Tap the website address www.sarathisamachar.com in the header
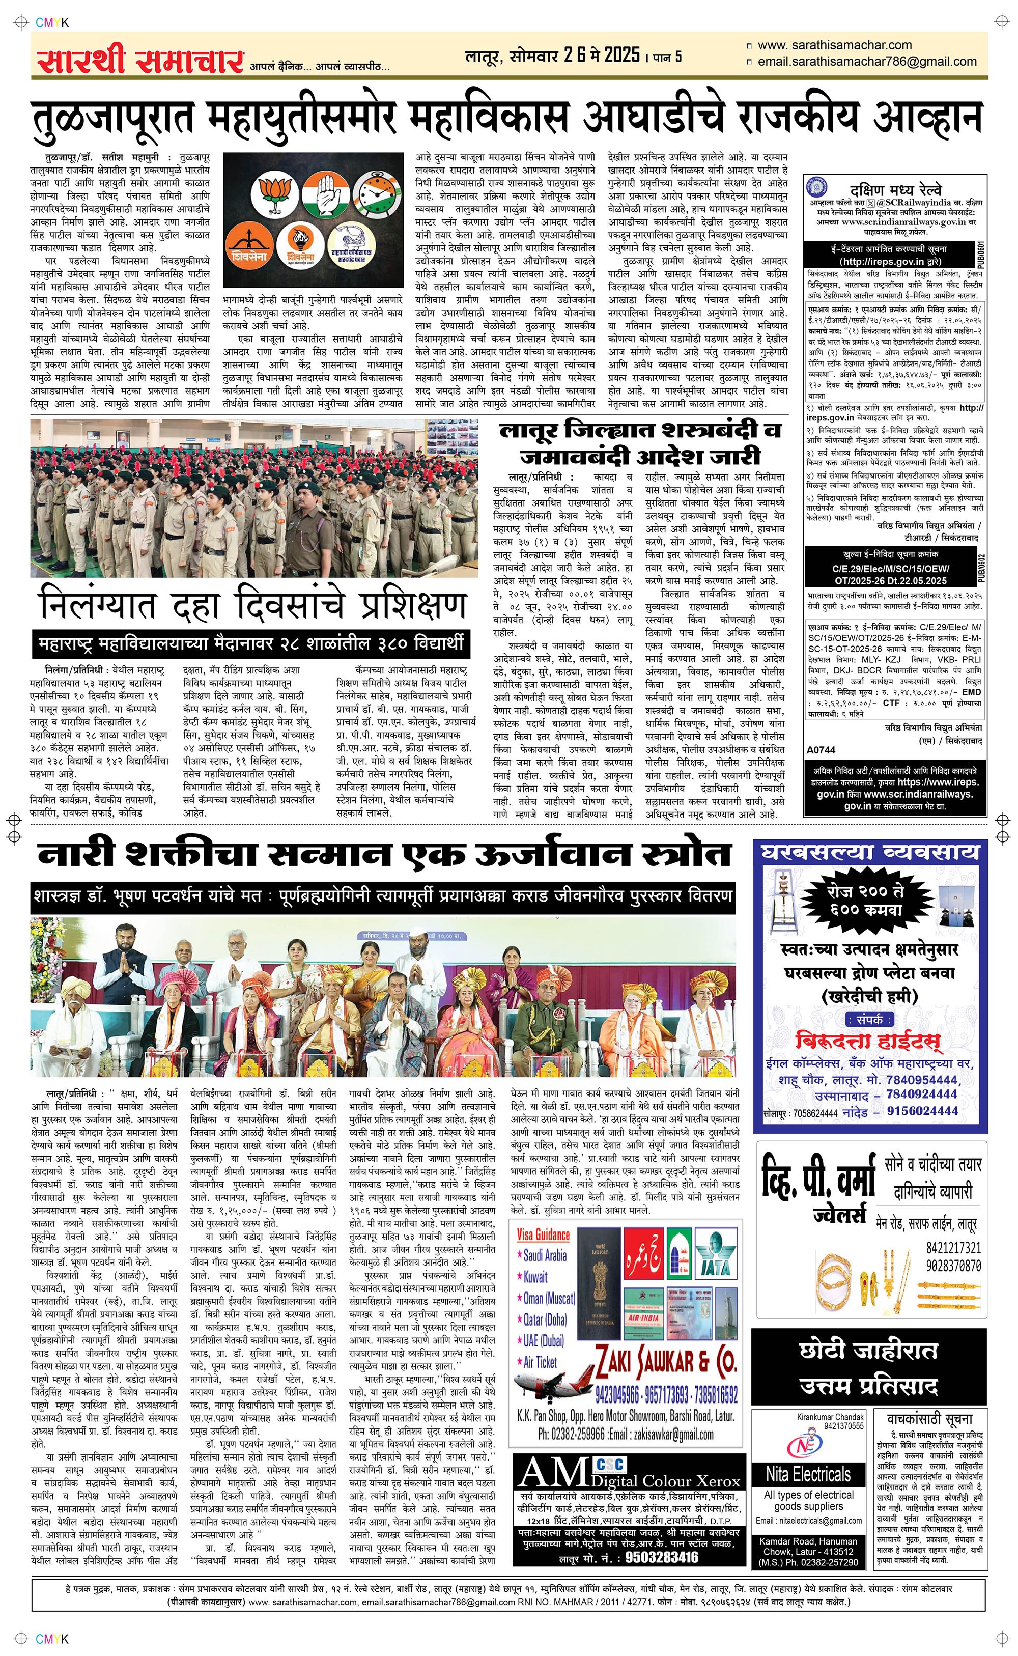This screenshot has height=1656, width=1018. [834, 45]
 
